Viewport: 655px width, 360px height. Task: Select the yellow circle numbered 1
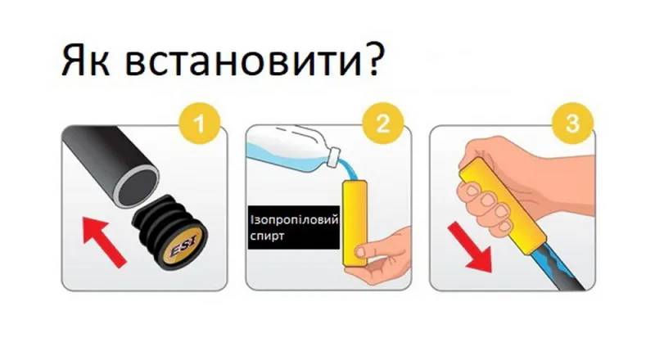[x=199, y=124]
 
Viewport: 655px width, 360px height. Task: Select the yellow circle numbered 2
[x=383, y=124]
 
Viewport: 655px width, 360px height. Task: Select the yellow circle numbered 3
[x=572, y=124]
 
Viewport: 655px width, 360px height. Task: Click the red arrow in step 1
[x=105, y=241]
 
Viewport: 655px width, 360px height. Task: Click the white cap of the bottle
[x=334, y=157]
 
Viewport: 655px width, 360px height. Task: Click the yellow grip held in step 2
[x=355, y=223]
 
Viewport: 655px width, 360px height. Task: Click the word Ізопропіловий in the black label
[x=294, y=219]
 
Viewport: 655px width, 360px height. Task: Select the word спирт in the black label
[x=268, y=236]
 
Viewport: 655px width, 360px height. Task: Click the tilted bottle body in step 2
[x=288, y=148]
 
